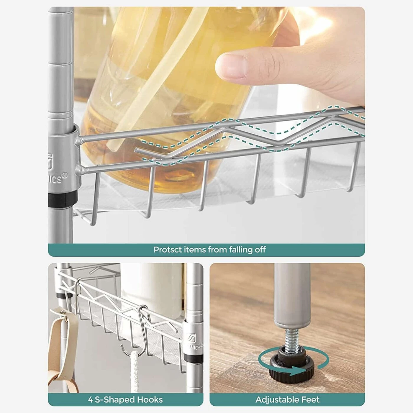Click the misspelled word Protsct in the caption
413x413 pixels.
coord(167,250)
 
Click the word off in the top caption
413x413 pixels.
coord(260,250)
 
